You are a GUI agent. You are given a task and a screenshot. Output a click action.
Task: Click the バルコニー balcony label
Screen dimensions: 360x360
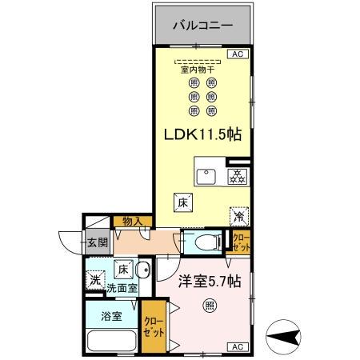tap(203, 26)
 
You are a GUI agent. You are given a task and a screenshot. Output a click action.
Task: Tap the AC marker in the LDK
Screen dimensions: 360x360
tap(237, 54)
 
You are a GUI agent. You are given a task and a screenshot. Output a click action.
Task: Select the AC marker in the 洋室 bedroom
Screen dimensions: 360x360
tap(237, 346)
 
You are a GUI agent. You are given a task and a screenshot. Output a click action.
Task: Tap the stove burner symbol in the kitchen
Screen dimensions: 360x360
tap(238, 175)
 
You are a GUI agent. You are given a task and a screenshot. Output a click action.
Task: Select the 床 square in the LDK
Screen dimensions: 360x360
tap(182, 202)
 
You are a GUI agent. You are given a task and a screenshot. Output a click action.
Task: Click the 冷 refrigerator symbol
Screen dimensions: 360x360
tap(238, 215)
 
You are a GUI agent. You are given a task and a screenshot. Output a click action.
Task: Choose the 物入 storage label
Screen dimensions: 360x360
tap(131, 222)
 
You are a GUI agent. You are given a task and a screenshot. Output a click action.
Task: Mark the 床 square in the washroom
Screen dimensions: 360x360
tap(124, 269)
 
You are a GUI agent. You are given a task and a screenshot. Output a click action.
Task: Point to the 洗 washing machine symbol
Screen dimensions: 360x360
tap(94, 279)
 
